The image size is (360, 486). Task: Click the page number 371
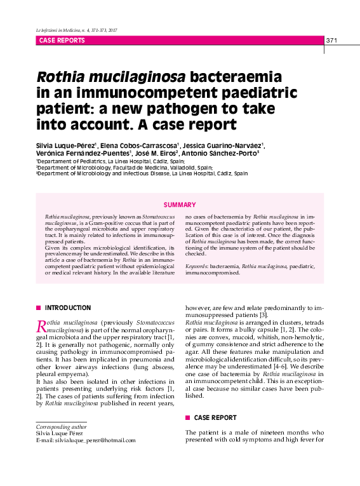[332, 41]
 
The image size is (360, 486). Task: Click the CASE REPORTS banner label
[62, 41]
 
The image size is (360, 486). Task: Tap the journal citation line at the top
[77, 30]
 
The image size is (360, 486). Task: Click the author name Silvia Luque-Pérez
[65, 145]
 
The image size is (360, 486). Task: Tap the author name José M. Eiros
[156, 154]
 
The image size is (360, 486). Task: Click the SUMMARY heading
[180, 205]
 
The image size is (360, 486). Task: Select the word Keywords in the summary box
[197, 267]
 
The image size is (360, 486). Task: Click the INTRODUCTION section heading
[68, 308]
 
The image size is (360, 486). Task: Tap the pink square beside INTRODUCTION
[39, 308]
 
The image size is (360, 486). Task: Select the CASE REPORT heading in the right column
[215, 418]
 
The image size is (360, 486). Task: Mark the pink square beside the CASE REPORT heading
[187, 418]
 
